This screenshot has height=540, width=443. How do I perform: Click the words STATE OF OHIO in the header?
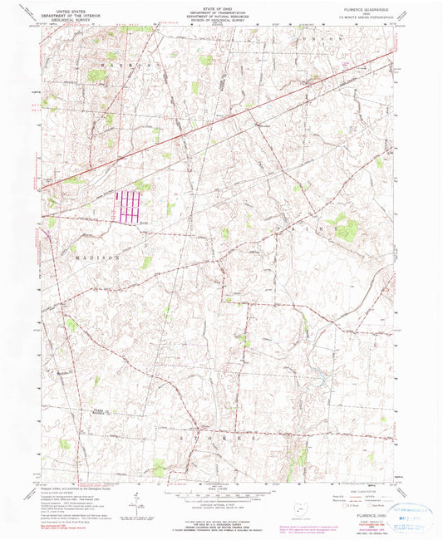click(221, 6)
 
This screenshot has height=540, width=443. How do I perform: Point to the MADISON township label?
click(93, 258)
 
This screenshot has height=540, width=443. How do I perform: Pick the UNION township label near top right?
click(342, 39)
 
